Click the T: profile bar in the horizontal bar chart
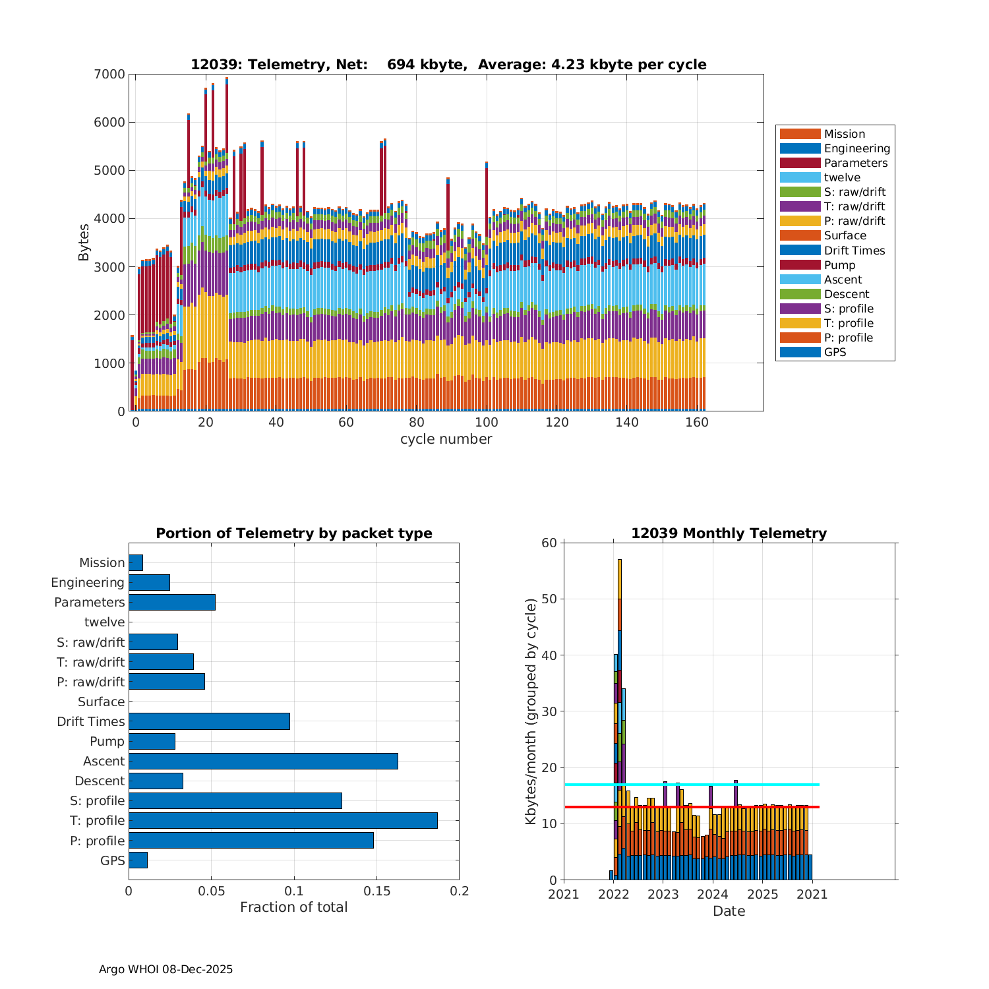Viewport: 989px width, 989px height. pyautogui.click(x=283, y=820)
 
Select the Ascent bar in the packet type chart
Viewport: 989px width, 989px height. pyautogui.click(x=263, y=761)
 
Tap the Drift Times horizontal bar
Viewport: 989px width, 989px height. pyautogui.click(x=209, y=721)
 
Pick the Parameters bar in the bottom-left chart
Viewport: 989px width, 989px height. pyautogui.click(x=172, y=602)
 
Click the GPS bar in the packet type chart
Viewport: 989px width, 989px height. pyautogui.click(x=138, y=860)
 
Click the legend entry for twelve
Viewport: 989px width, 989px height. pyautogui.click(x=842, y=177)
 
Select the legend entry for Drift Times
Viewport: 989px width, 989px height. pyautogui.click(x=854, y=251)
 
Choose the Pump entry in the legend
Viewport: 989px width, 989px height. pyautogui.click(x=839, y=265)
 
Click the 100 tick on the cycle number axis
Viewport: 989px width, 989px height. pyautogui.click(x=487, y=423)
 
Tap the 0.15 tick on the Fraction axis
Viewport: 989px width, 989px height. pyautogui.click(x=376, y=891)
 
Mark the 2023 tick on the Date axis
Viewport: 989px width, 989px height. pyautogui.click(x=663, y=895)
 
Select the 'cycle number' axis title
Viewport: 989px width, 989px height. pyautogui.click(x=446, y=439)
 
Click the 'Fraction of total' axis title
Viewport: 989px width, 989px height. pyautogui.click(x=293, y=907)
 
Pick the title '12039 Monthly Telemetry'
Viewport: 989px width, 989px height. pyautogui.click(x=729, y=533)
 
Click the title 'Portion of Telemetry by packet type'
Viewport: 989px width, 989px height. pyautogui.click(x=293, y=533)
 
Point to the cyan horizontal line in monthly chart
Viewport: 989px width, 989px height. pyautogui.click(x=725, y=785)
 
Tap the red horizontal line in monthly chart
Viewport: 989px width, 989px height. pyautogui.click(x=725, y=807)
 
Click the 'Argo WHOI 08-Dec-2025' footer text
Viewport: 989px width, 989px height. pyautogui.click(x=165, y=969)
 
